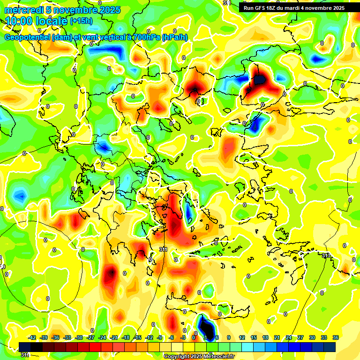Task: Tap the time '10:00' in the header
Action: click(17, 21)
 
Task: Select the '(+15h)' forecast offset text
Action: click(81, 21)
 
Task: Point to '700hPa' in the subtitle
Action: click(145, 37)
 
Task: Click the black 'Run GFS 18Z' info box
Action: click(294, 7)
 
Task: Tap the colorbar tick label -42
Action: click(33, 337)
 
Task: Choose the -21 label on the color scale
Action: click(113, 337)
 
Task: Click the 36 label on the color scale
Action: click(336, 337)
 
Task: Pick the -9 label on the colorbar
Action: click(159, 337)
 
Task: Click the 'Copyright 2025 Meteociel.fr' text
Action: click(199, 356)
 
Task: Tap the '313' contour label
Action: click(326, 255)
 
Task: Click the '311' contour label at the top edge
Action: click(227, 3)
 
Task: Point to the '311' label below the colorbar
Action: click(25, 355)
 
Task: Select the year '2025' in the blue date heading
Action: click(110, 10)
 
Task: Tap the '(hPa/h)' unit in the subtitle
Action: click(175, 37)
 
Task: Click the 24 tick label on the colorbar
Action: click(289, 337)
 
